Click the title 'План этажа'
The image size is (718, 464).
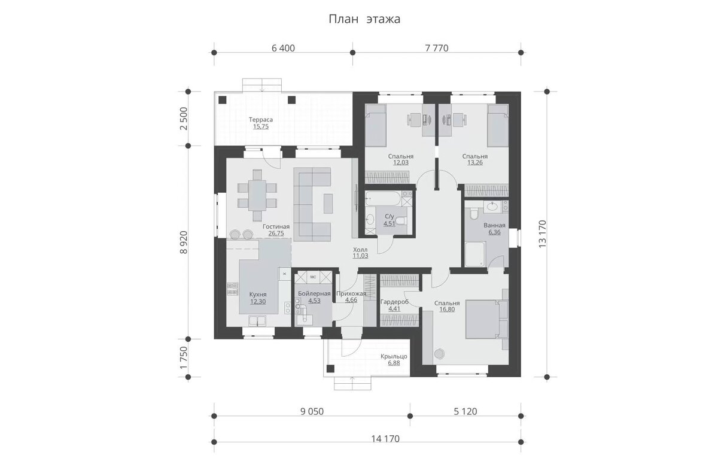coord(364,19)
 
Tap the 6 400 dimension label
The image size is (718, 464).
coord(283,48)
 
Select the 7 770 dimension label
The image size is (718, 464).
coord(437,48)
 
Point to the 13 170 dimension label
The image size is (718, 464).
coord(542,233)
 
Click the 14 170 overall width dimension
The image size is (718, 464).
coord(385,439)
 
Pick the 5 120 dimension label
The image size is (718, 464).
coord(466,411)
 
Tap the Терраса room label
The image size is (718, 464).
coord(261,120)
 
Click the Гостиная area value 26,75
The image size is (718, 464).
coord(276,233)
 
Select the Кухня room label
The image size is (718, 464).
coord(258,295)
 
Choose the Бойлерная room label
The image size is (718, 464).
coord(314,293)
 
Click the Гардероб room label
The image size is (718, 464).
coord(394,302)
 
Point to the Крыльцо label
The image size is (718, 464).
coord(394,356)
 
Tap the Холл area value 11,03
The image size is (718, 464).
coord(361,256)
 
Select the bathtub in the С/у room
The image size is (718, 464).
coord(383,199)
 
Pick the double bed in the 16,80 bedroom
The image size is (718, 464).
coord(486,319)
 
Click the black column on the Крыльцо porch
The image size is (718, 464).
coord(330,368)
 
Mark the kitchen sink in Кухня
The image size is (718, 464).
coord(257,321)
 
